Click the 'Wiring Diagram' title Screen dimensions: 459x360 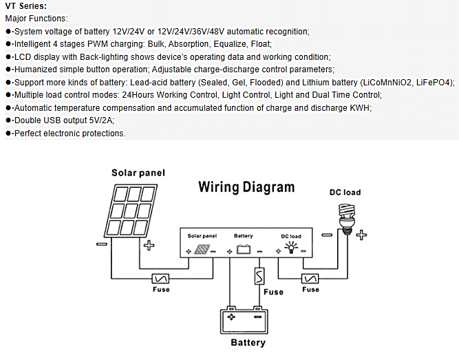point(246,187)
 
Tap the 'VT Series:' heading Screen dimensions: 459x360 point(25,6)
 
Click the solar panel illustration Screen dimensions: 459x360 point(131,211)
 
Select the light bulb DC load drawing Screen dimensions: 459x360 point(347,219)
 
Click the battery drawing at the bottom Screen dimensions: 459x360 point(244,320)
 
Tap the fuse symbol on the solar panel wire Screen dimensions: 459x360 point(160,278)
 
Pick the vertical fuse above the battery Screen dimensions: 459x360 point(259,276)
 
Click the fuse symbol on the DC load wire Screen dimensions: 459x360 point(310,278)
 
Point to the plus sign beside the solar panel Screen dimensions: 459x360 point(149,245)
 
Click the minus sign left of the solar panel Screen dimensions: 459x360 point(102,244)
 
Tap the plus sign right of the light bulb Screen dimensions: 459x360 point(361,235)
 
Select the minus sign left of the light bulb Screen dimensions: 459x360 point(327,235)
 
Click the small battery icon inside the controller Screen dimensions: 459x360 point(244,250)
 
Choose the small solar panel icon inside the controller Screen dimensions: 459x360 point(202,250)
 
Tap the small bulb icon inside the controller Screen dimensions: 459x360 point(291,248)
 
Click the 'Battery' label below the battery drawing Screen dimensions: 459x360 point(248,342)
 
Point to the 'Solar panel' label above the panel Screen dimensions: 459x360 point(138,173)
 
